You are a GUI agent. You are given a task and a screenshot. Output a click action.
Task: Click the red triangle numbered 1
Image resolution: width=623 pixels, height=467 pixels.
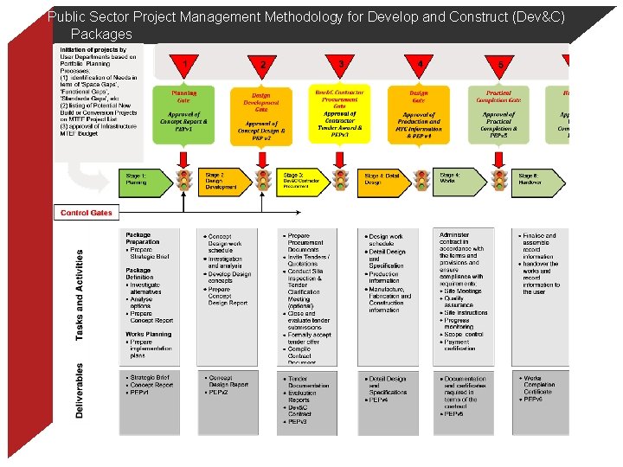tap(183, 64)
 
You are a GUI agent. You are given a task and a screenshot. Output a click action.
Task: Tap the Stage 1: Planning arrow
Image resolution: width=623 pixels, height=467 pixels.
tap(147, 179)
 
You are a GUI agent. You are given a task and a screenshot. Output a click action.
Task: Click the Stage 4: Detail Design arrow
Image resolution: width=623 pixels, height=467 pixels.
tap(382, 179)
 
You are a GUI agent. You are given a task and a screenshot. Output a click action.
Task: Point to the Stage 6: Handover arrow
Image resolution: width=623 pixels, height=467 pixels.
tap(538, 179)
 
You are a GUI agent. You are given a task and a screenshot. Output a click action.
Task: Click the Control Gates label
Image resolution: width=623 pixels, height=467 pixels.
tap(86, 213)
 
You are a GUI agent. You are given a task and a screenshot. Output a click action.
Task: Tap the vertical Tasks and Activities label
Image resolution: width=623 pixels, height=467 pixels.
tap(80, 295)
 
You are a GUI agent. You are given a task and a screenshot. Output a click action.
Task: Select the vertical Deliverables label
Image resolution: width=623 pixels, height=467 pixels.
tap(80, 391)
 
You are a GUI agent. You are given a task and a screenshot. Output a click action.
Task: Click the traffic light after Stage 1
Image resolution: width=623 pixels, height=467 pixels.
tap(183, 180)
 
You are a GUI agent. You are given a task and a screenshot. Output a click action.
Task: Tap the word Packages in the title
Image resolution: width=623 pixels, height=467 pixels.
tap(101, 35)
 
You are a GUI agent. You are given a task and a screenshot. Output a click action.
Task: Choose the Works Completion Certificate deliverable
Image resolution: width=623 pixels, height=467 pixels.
tap(543, 385)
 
